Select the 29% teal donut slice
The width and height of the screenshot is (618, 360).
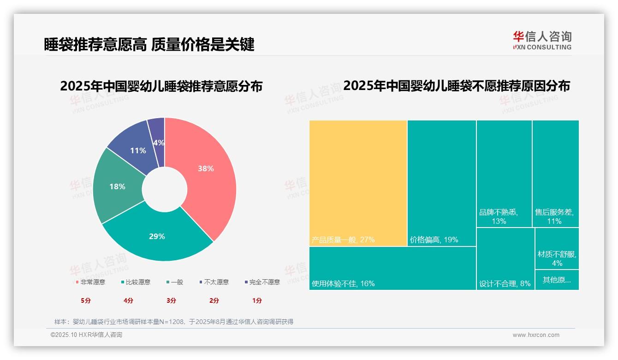click(x=157, y=236)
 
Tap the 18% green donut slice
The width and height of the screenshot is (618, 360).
click(x=117, y=187)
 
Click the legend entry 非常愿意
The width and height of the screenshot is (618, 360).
click(x=90, y=282)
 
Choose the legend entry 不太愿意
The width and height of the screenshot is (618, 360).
click(x=214, y=282)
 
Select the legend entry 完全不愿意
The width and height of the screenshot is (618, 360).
click(x=262, y=282)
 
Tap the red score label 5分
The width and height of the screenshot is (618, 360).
click(x=86, y=300)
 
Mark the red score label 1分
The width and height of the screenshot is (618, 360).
click(x=257, y=300)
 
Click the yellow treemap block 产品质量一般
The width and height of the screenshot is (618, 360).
click(x=358, y=183)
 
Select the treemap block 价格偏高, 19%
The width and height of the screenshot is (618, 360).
click(x=441, y=183)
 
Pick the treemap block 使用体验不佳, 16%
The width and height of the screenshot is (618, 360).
click(x=392, y=268)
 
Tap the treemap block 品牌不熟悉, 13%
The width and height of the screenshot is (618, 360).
click(x=504, y=174)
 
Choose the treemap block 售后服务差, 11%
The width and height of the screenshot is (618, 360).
click(x=555, y=174)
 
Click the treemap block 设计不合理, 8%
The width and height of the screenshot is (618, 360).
click(x=505, y=258)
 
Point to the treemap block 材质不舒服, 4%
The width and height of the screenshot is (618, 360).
click(x=557, y=249)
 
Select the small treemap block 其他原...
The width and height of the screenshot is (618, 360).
click(x=557, y=280)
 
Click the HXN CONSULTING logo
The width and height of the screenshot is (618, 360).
click(x=542, y=41)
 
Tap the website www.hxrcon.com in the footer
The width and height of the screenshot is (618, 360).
click(x=536, y=335)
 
